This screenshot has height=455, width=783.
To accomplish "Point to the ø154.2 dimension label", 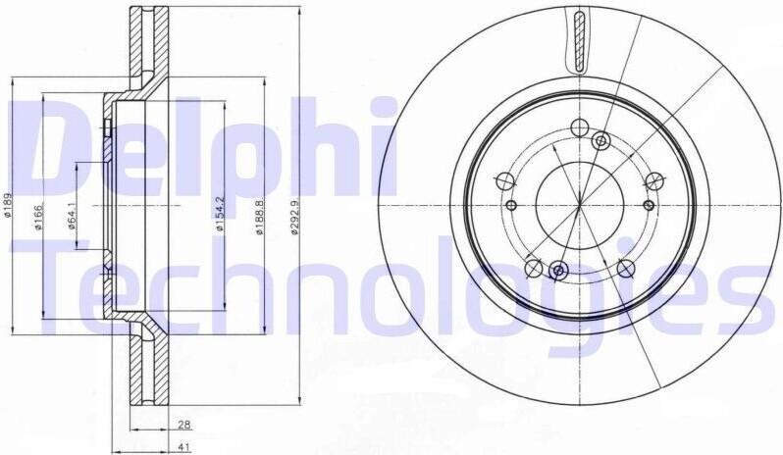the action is coord(219,214).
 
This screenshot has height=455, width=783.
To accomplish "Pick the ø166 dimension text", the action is coord(39,216).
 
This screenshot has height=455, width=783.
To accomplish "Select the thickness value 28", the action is coord(184,424).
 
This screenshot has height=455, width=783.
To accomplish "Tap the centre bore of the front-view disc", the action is coord(580,205).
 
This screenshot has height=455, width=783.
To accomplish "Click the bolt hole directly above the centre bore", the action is coord(579,127).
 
